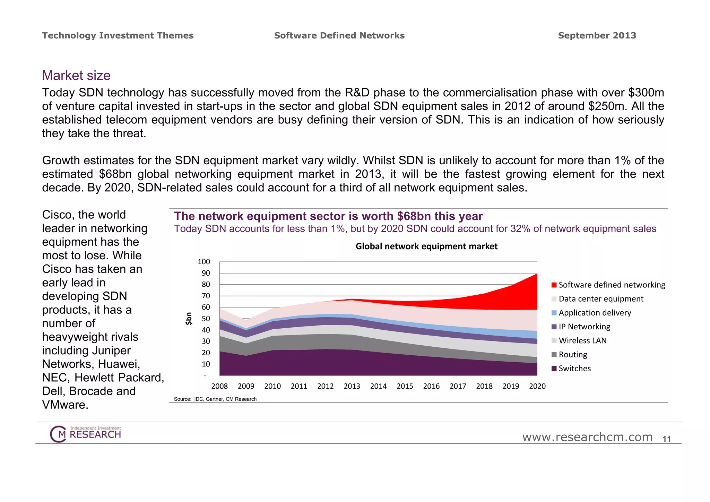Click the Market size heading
(76, 76)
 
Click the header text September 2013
(597, 35)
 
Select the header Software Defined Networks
(339, 35)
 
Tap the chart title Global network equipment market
(426, 246)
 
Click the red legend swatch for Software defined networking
(554, 285)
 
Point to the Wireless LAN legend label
(582, 341)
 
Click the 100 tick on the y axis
(204, 262)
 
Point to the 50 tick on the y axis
(206, 319)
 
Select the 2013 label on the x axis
(352, 386)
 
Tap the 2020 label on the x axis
(537, 386)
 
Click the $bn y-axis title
(189, 318)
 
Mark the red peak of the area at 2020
(536, 275)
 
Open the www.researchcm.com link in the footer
(587, 437)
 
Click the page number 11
(666, 439)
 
